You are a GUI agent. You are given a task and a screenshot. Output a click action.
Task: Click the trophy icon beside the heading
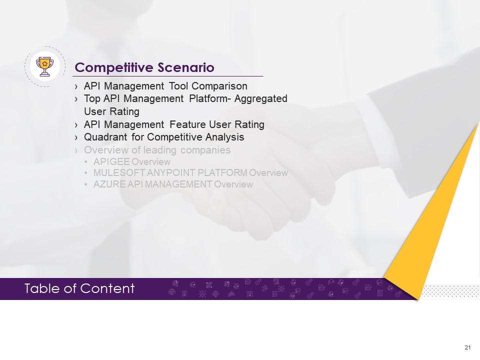(45, 66)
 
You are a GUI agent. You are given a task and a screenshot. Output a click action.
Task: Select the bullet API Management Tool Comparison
(165, 86)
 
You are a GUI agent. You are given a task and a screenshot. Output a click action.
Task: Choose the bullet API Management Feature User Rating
(173, 124)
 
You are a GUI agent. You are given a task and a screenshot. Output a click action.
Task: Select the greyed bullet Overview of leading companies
(157, 150)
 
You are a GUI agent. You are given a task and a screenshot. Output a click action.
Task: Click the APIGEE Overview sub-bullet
(131, 162)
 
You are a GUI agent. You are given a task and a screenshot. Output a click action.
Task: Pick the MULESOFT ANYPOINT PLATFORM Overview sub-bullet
(190, 173)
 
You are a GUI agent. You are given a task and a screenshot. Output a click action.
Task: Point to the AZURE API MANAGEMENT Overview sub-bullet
(172, 184)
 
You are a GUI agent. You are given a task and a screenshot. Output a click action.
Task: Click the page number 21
(468, 347)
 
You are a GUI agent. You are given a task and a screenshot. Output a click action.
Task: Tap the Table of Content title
(79, 288)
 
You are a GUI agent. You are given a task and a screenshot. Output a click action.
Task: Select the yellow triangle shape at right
(440, 210)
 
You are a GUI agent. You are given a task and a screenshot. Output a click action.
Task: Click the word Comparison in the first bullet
(220, 86)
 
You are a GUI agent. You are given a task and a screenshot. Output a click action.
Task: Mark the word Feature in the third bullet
(186, 124)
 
